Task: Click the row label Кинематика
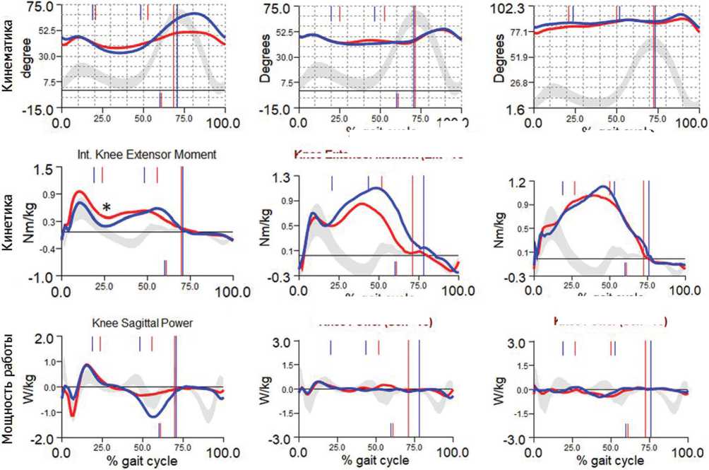(8, 56)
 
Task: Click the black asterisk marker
(106, 208)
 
